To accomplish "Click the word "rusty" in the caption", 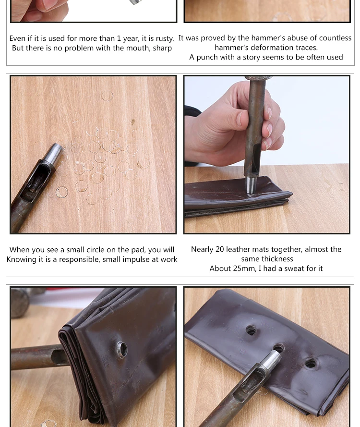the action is (164, 38).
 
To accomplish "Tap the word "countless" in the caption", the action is (335, 38).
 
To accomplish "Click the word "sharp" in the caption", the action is (162, 48).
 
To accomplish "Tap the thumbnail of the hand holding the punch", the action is (267, 155).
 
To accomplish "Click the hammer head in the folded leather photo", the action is (20, 303).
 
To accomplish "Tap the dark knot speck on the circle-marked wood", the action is (133, 122).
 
